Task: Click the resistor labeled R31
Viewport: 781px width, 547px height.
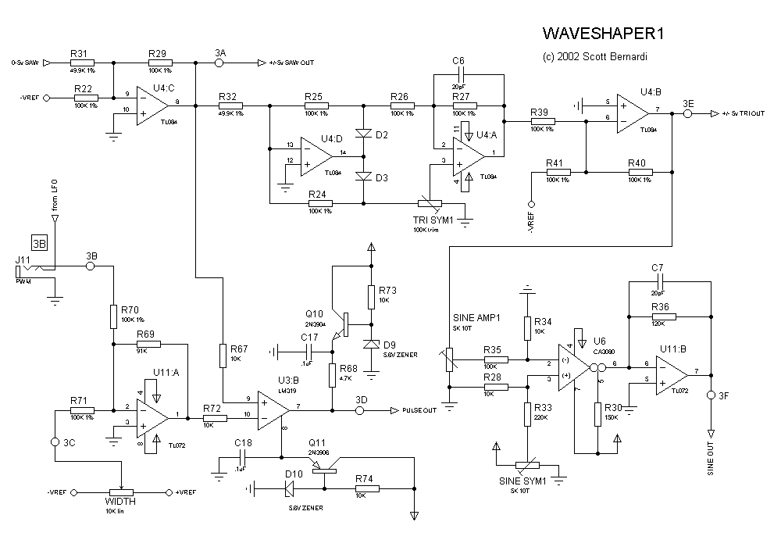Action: click(82, 63)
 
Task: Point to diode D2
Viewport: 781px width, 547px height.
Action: click(362, 134)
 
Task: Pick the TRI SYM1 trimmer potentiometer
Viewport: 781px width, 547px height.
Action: click(430, 203)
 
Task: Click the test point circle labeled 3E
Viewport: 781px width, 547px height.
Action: click(688, 114)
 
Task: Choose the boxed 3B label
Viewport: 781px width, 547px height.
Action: click(39, 243)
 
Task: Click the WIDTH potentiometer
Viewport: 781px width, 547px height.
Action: click(121, 492)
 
